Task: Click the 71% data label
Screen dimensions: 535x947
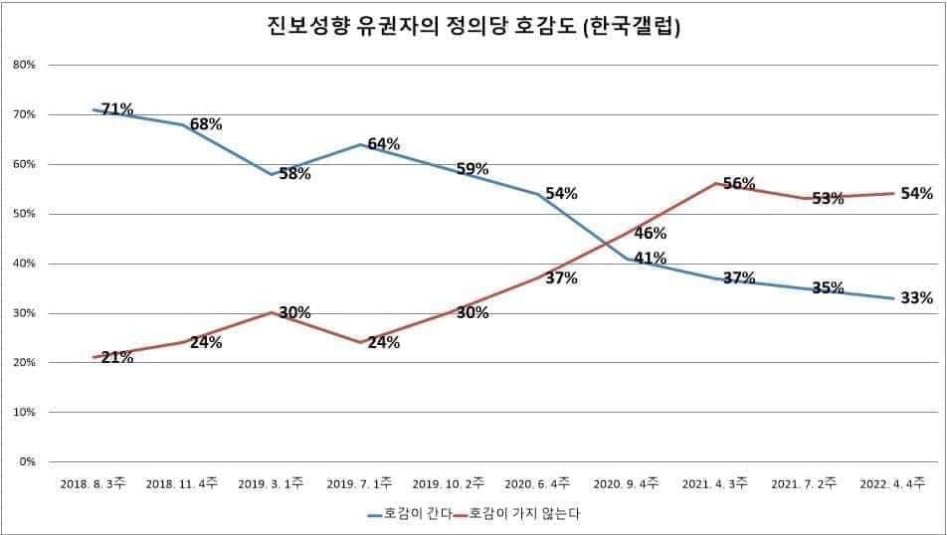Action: pyautogui.click(x=117, y=109)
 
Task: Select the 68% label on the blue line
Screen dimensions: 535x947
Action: pyautogui.click(x=206, y=124)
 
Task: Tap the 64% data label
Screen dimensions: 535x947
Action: pyautogui.click(x=383, y=144)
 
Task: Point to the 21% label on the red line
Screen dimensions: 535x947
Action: pyautogui.click(x=117, y=357)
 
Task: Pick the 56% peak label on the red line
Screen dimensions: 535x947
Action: pyautogui.click(x=739, y=184)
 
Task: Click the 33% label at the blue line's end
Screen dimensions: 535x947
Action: pyautogui.click(x=916, y=297)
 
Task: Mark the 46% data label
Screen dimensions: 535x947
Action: pyautogui.click(x=650, y=234)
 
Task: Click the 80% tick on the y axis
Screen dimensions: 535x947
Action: pyautogui.click(x=24, y=65)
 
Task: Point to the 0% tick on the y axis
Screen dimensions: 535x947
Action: pyautogui.click(x=27, y=461)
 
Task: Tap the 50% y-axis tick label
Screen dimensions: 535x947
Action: pyautogui.click(x=24, y=214)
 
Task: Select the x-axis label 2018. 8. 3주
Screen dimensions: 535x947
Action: pyautogui.click(x=93, y=483)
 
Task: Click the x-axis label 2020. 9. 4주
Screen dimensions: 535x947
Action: pyautogui.click(x=626, y=483)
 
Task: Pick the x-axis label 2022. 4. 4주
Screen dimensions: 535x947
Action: pyautogui.click(x=892, y=483)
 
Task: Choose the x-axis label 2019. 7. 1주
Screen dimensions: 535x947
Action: pyautogui.click(x=359, y=483)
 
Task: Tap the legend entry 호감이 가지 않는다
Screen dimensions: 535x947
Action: pyautogui.click(x=524, y=514)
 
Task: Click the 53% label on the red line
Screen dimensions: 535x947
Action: pyautogui.click(x=828, y=199)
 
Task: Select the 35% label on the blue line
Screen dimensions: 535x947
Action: pyautogui.click(x=828, y=288)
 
